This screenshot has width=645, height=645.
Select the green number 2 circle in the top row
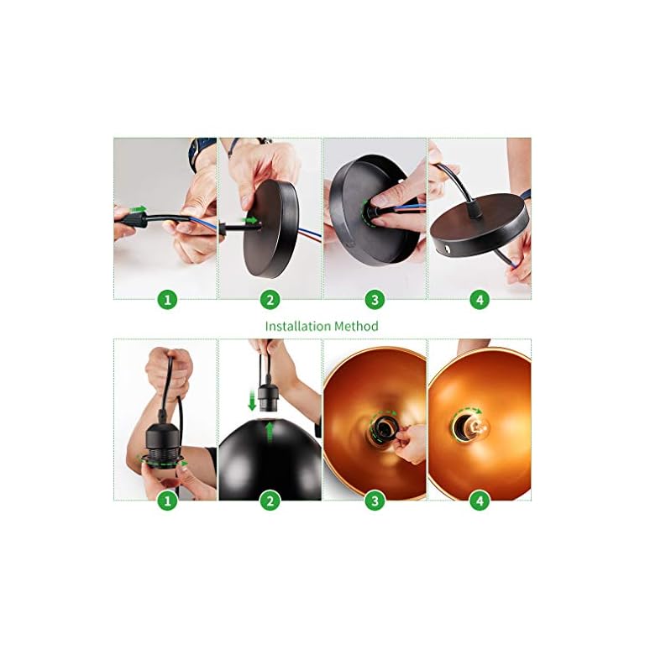point(270,299)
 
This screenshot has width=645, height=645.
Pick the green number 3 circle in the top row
point(375,299)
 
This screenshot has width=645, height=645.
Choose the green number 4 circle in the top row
point(479,299)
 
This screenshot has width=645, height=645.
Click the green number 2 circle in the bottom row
point(270,501)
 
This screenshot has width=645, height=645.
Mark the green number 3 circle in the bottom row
point(375,501)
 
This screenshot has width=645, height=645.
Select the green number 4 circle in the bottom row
point(479,501)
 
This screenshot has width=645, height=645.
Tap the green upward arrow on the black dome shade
point(269,432)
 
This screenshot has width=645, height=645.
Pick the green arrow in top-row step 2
point(250,220)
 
